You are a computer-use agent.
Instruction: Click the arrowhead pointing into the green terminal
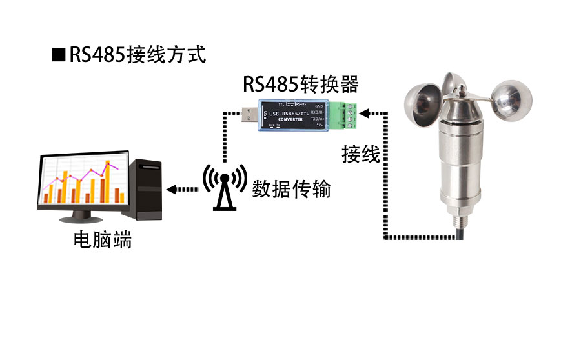point(366,114)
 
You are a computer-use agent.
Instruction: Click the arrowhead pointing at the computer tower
point(172,190)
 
